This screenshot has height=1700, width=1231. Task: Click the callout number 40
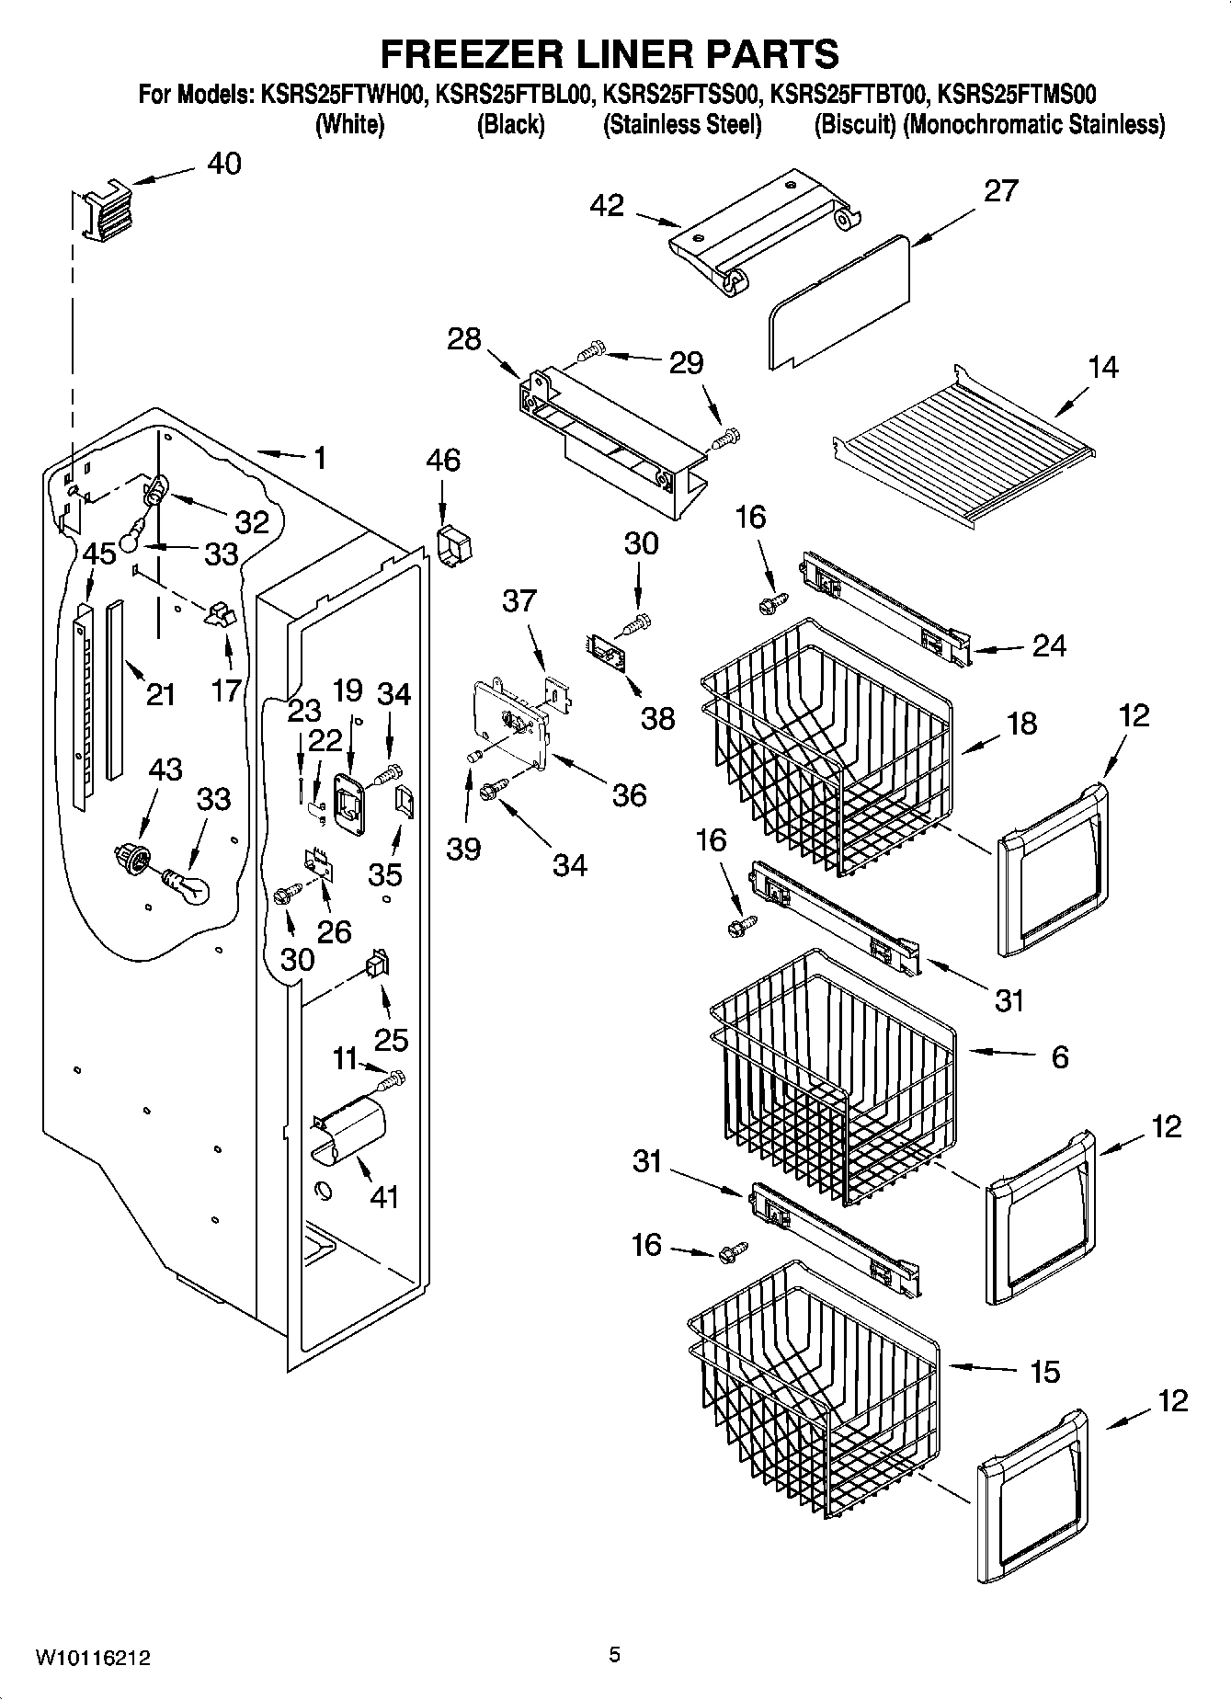(x=223, y=164)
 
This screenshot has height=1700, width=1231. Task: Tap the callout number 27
(x=1000, y=190)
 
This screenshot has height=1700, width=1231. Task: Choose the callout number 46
(x=443, y=460)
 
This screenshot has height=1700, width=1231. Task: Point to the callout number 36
(x=629, y=794)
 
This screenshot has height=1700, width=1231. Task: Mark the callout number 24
(x=1048, y=645)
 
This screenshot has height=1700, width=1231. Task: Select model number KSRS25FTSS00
(x=681, y=94)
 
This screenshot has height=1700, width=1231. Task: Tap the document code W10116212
(x=93, y=1658)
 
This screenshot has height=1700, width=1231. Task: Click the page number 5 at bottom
(x=614, y=1655)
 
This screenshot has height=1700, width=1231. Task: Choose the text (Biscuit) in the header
(x=855, y=125)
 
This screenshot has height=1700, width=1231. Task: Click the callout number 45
(x=99, y=553)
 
